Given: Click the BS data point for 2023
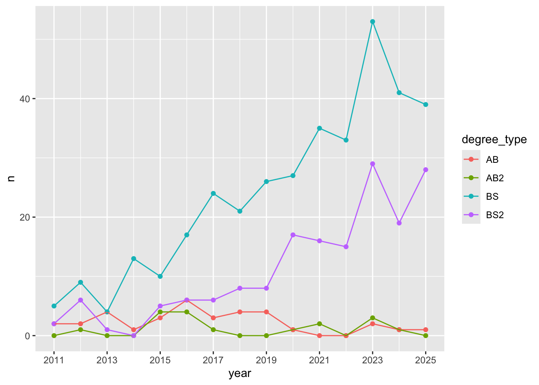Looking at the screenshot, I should tap(373, 22).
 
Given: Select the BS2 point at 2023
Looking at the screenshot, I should tap(373, 164).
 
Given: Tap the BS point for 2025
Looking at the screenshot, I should tap(426, 104).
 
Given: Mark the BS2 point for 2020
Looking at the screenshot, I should tap(293, 235).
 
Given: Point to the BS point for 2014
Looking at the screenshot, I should tap(134, 259).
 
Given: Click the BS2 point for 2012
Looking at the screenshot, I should tap(81, 300).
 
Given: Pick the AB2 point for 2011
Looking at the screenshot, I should tap(54, 336).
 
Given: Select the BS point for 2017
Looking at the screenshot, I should tap(213, 193).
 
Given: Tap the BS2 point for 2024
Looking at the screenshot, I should tap(399, 223).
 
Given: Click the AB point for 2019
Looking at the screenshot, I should tap(266, 312).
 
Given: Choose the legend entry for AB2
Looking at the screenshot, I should tap(494, 178).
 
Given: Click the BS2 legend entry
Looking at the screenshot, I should tap(494, 215).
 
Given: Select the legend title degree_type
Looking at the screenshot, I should tap(494, 140).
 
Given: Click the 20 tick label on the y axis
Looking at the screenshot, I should tap(25, 217).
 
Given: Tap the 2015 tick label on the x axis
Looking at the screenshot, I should tap(160, 360).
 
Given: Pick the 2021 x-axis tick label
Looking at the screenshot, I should tap(319, 360).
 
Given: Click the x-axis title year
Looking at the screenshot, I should tap(240, 374).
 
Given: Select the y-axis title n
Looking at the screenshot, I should tap(11, 178).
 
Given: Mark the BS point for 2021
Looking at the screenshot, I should tap(319, 128).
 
